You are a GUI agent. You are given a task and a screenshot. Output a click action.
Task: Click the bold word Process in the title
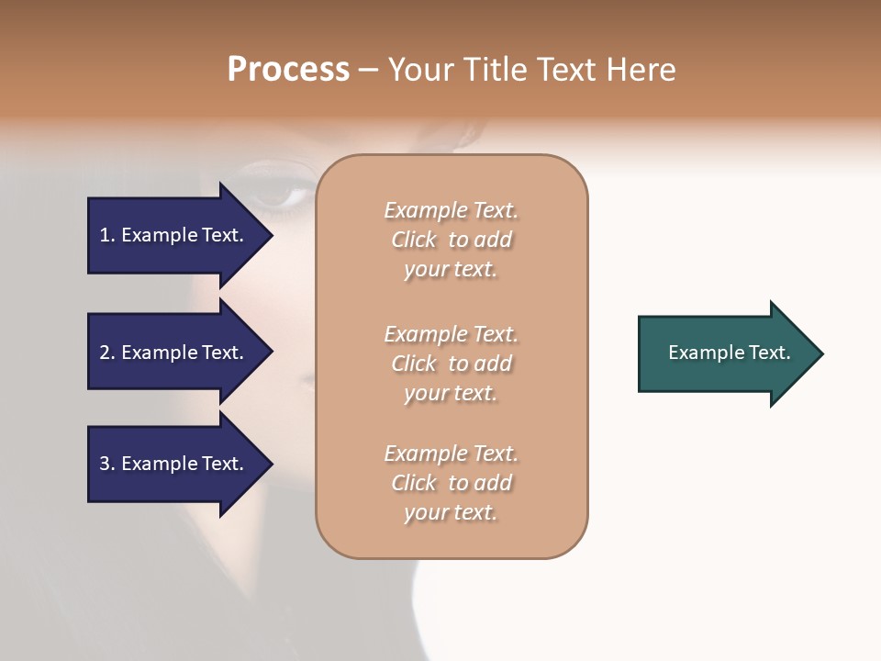[x=288, y=70]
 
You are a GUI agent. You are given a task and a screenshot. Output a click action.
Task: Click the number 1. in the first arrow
[x=107, y=235]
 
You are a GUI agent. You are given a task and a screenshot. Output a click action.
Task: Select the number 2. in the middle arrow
[x=107, y=353]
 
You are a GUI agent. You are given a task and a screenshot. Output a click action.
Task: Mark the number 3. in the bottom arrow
[x=107, y=464]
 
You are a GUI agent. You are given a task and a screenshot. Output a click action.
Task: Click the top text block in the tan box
[x=451, y=240]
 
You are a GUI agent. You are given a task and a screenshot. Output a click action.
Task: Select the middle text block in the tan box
[x=451, y=364]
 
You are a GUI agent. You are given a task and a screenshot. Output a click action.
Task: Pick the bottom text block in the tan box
[x=451, y=483]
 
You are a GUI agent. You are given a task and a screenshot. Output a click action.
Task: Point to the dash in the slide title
[x=368, y=71]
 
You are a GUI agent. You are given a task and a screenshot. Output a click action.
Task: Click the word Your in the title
[x=418, y=70]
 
